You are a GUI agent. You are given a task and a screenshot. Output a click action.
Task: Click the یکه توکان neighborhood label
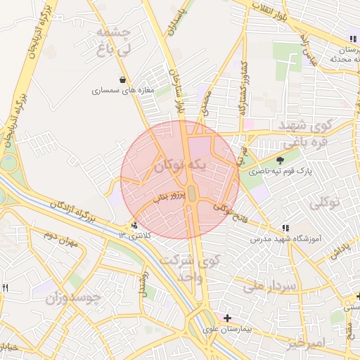181,167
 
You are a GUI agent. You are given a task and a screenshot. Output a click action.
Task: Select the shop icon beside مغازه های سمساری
124,79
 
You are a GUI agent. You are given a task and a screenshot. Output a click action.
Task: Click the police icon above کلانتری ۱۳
134,226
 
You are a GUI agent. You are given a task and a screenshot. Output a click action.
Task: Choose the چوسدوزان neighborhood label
74,298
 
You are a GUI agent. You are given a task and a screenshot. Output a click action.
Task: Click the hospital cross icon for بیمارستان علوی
227,318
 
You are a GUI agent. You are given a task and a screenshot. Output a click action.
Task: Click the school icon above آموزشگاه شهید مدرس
285,229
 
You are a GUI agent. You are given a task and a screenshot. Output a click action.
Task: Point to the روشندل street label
144,281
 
